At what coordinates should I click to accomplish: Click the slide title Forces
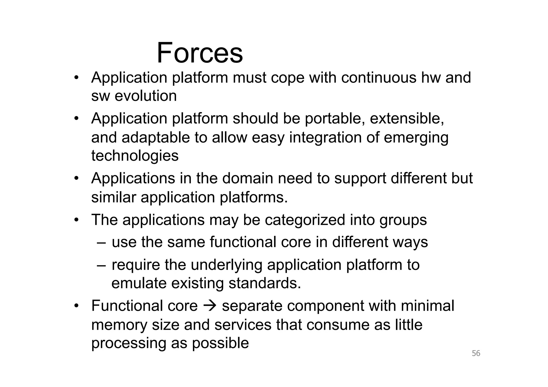[200, 53]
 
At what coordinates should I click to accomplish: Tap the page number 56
[476, 353]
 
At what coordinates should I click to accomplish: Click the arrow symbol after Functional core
[210, 306]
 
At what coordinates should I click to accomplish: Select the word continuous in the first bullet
[379, 78]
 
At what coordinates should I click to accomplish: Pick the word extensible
[407, 118]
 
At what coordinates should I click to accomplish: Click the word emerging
[416, 138]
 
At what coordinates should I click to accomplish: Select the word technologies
[135, 156]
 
